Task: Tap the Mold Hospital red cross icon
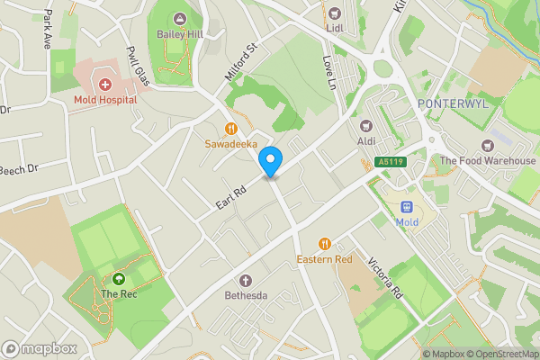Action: tap(105, 85)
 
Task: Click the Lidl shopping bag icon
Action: tap(335, 13)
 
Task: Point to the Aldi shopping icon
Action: tap(365, 126)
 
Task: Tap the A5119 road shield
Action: tap(387, 162)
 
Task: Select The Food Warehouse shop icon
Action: tap(490, 146)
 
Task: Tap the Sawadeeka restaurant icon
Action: tap(230, 128)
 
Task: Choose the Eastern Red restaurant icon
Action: tap(324, 243)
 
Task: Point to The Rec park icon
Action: tap(119, 278)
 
